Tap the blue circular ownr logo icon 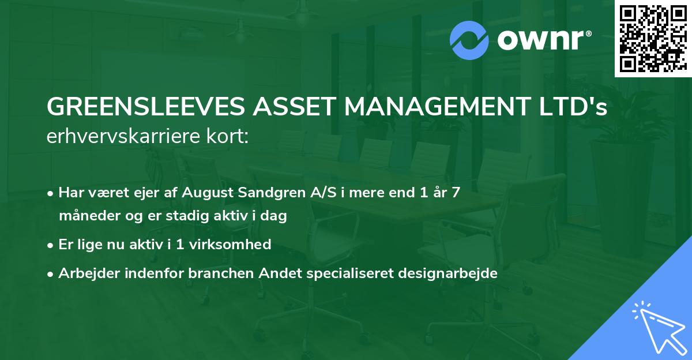(x=469, y=40)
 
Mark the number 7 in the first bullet (x=456, y=193)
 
